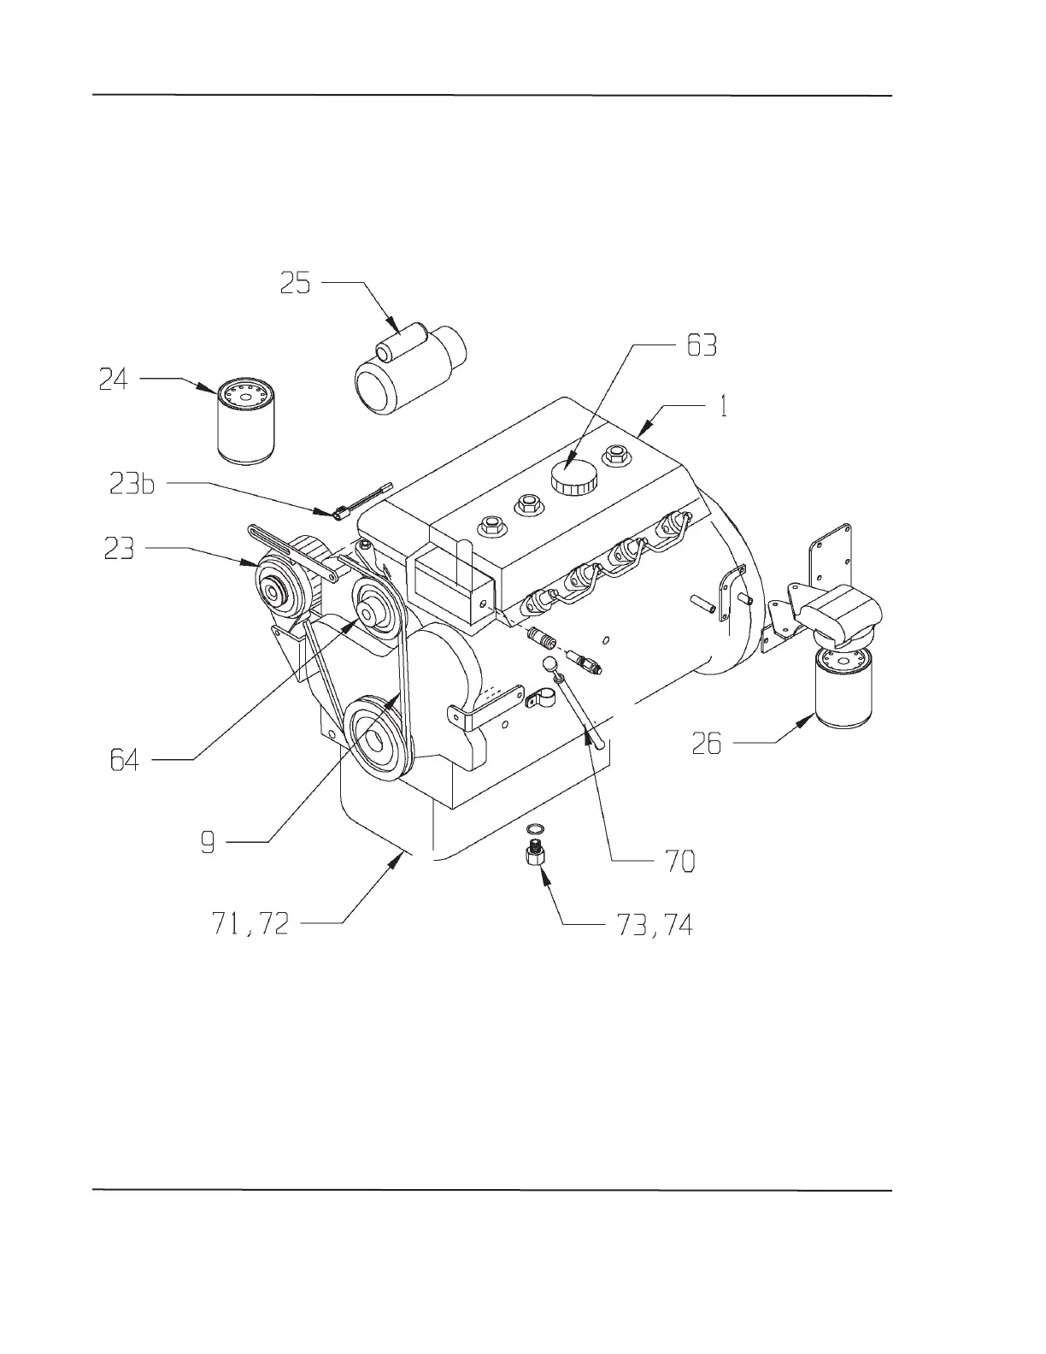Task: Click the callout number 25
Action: (x=296, y=283)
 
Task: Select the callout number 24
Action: (x=114, y=379)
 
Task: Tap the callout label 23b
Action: (x=132, y=485)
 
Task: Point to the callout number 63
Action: (x=702, y=345)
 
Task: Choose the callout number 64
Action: (x=125, y=759)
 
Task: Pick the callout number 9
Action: (x=208, y=843)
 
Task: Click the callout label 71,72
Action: (x=250, y=923)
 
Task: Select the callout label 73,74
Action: (x=655, y=924)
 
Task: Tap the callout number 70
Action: (x=680, y=861)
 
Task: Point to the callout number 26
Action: (x=707, y=745)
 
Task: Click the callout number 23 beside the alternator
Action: (x=120, y=548)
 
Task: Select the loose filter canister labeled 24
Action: (x=247, y=423)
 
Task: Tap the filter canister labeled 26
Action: (x=843, y=687)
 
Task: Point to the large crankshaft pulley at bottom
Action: (x=376, y=737)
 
